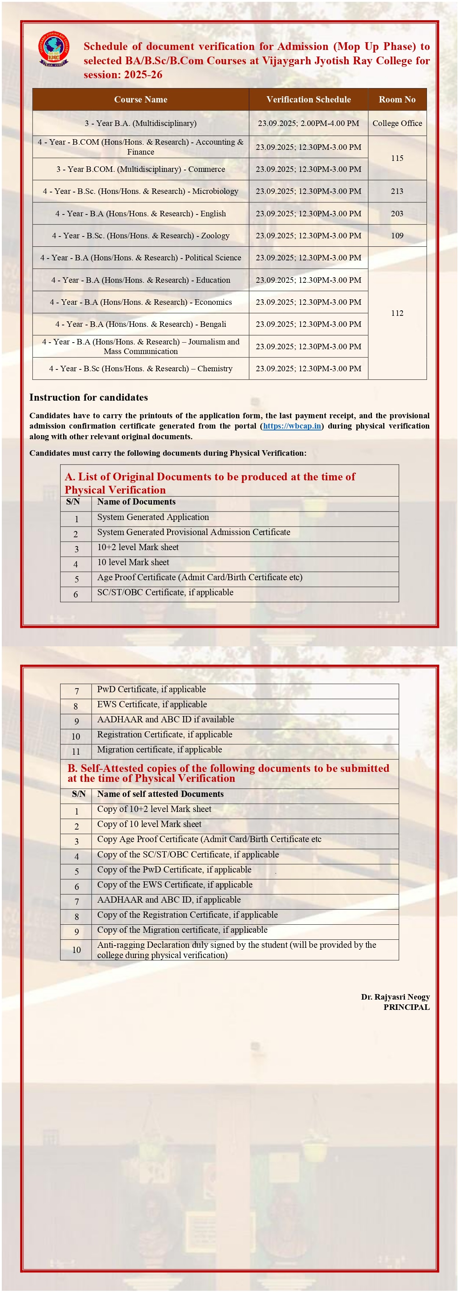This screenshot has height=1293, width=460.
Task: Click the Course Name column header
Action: (141, 100)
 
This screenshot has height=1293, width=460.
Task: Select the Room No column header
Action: (397, 100)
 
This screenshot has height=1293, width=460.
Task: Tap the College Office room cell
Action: (397, 123)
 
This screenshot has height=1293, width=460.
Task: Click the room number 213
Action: (397, 191)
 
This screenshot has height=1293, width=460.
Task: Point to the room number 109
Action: (397, 235)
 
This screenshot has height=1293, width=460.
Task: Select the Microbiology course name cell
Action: (141, 191)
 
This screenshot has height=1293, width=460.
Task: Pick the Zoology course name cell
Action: (141, 235)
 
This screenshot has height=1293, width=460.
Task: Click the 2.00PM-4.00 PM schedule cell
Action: (308, 123)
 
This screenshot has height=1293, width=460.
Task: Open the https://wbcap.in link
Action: (292, 426)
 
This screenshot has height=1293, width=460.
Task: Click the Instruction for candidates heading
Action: (88, 397)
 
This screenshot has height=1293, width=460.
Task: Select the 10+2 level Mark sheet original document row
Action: (138, 547)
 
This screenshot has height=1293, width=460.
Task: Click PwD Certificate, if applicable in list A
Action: (152, 689)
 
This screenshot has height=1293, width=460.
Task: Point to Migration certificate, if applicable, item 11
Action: (160, 750)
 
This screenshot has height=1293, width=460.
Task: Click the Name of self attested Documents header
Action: (160, 794)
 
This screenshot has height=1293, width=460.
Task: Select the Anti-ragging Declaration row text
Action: (236, 950)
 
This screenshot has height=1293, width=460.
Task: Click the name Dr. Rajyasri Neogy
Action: (395, 996)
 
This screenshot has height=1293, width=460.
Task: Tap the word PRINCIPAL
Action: (406, 1007)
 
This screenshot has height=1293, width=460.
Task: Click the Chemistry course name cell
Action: (141, 368)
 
